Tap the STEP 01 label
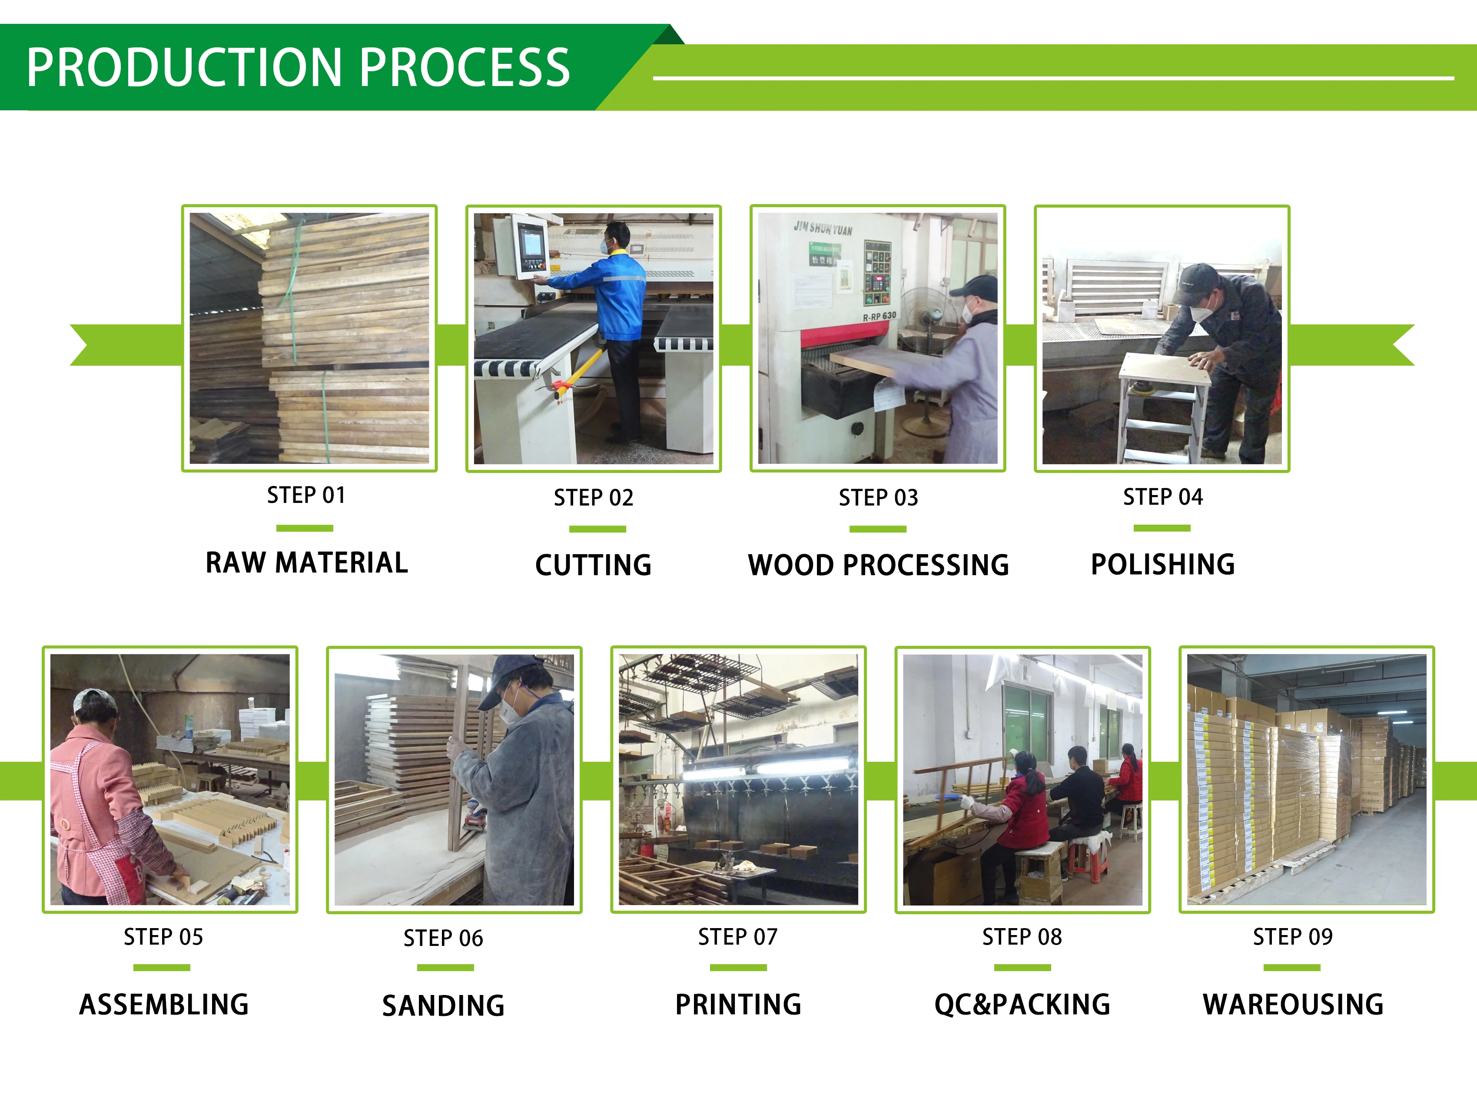pyautogui.click(x=306, y=495)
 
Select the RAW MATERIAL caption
pyautogui.click(x=306, y=563)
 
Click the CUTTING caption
pyautogui.click(x=593, y=565)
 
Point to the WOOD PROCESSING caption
pyautogui.click(x=878, y=565)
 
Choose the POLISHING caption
pyautogui.click(x=1162, y=565)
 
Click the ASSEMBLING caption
pyautogui.click(x=163, y=1005)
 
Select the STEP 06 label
pyautogui.click(x=443, y=939)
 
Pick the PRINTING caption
pyautogui.click(x=738, y=1005)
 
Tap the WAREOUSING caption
pyautogui.click(x=1293, y=1005)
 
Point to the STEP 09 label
pyautogui.click(x=1293, y=937)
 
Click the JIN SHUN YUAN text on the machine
pyautogui.click(x=823, y=228)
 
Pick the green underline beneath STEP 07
pyautogui.click(x=738, y=967)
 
